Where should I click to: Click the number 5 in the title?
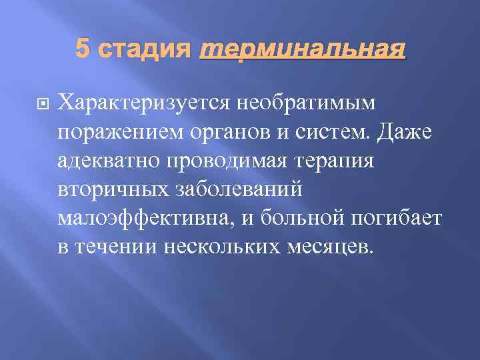tap(83, 48)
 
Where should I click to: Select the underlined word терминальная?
tap(303, 48)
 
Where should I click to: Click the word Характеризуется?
tap(144, 103)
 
